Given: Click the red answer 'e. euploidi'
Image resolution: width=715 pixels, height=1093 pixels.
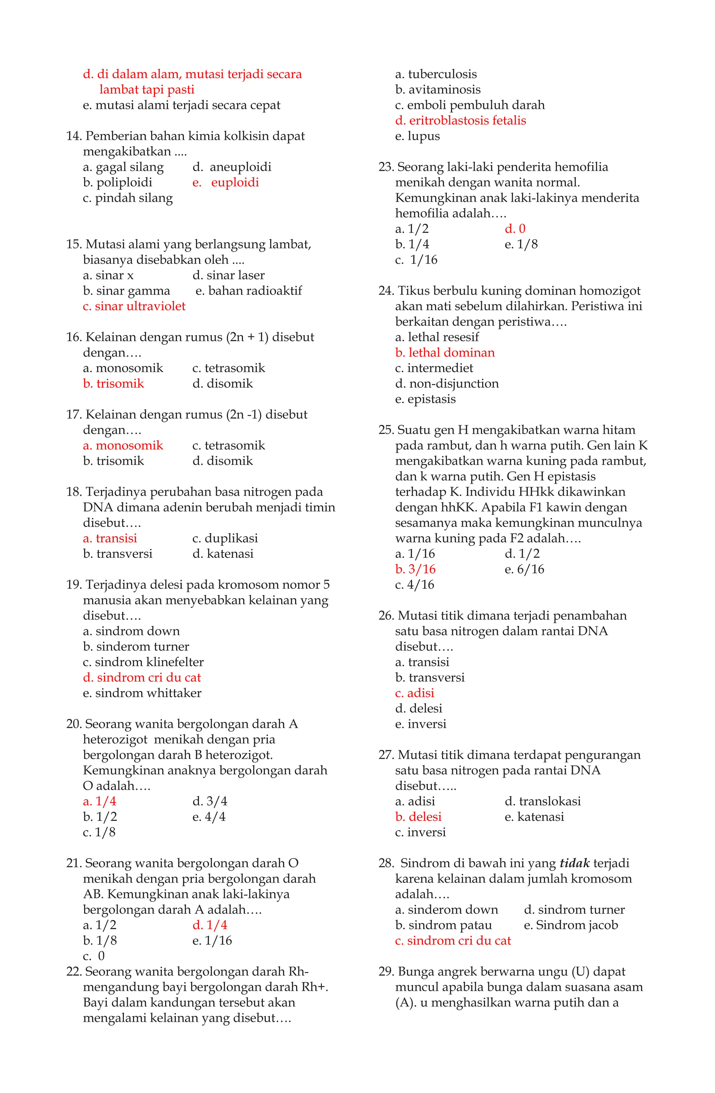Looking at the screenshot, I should (226, 182).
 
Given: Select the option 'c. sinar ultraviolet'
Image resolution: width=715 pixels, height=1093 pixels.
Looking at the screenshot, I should (134, 306).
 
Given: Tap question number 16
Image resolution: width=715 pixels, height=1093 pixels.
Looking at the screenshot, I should (74, 337).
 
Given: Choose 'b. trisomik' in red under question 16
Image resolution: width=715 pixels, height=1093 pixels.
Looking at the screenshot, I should (113, 384).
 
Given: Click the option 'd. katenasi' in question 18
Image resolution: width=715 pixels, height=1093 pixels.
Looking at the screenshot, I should (223, 554).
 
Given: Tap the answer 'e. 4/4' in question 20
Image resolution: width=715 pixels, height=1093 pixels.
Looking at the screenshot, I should (209, 817).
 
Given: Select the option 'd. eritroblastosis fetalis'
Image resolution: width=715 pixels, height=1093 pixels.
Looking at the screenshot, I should (460, 120).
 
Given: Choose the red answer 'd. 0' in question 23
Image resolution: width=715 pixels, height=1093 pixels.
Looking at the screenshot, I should (515, 229).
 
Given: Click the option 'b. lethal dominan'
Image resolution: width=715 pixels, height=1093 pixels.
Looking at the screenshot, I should (445, 353).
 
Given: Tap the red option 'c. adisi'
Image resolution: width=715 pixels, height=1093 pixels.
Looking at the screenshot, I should (414, 693).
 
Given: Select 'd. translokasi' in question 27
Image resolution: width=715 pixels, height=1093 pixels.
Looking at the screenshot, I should (542, 801).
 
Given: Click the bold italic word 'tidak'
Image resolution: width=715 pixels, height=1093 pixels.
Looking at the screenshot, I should (574, 863).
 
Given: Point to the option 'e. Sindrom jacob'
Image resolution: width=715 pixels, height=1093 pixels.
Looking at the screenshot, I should (571, 925).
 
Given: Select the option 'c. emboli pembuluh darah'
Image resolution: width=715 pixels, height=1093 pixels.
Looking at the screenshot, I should (470, 105).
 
